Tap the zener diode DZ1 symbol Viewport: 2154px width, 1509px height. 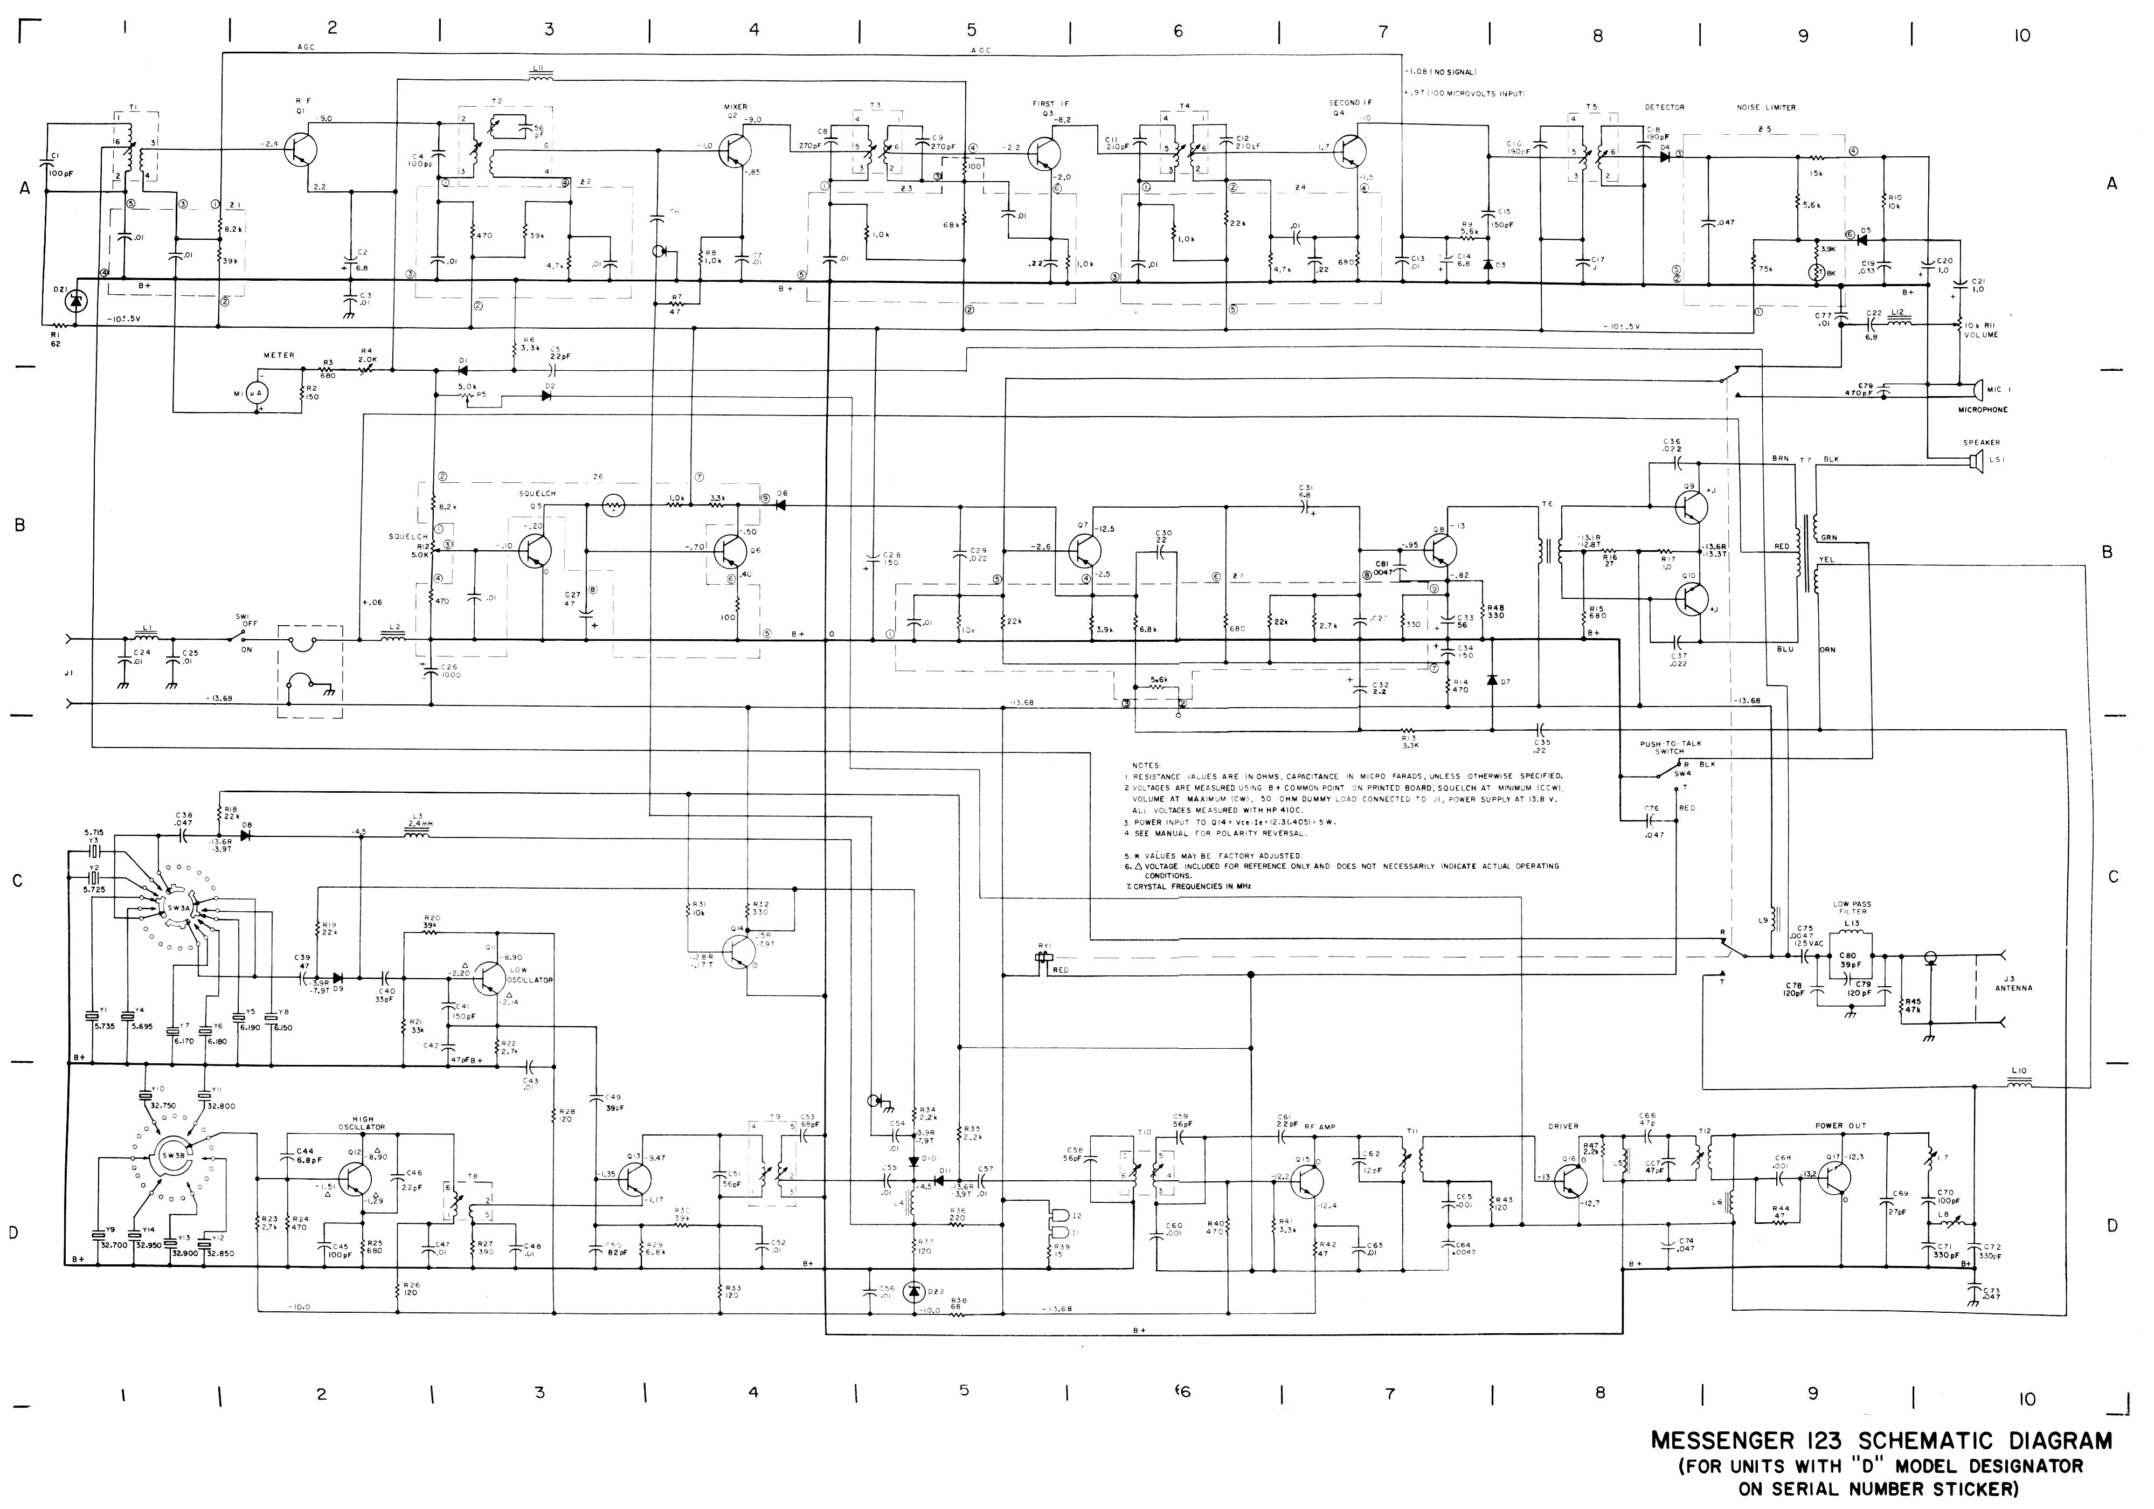click(78, 300)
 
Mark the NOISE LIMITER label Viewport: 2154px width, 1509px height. click(1767, 108)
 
